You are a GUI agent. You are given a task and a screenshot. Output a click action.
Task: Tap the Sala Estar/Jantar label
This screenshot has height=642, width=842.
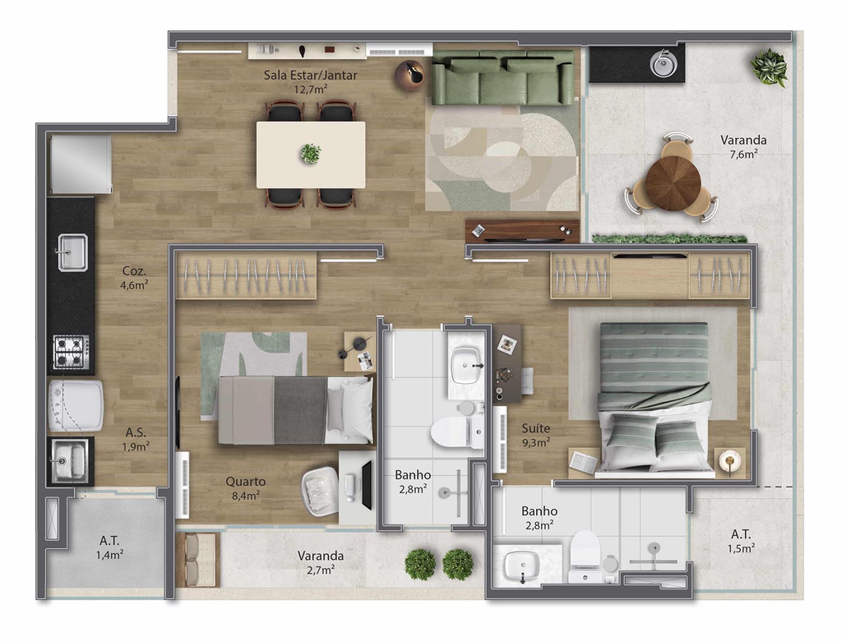[310, 81]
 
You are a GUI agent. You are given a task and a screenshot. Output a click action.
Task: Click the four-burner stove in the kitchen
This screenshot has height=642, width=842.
[71, 352]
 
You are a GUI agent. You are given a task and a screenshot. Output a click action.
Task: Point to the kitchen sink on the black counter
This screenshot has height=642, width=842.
[72, 252]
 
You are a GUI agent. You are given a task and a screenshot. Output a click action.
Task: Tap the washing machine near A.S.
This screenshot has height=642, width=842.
[76, 406]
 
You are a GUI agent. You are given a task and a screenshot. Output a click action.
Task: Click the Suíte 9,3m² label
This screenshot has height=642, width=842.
[536, 435]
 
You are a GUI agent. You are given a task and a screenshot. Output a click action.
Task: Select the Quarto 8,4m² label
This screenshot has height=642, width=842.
[245, 488]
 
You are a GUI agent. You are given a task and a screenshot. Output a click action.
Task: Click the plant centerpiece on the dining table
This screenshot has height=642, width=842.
[310, 154]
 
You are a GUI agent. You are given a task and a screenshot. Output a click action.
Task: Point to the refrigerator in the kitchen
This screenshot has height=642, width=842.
[80, 164]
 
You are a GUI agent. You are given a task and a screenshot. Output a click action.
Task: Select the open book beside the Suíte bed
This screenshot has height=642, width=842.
[583, 462]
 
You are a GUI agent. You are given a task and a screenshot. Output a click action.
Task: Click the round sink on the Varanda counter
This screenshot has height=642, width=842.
[664, 63]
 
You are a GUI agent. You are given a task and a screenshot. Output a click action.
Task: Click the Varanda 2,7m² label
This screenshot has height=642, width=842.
[321, 562]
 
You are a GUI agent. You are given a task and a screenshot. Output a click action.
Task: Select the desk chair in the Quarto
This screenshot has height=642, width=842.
[319, 491]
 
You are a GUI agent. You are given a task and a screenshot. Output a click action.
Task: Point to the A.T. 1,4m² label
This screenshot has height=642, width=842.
[109, 547]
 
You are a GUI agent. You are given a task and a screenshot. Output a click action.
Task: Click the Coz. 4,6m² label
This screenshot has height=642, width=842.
[134, 278]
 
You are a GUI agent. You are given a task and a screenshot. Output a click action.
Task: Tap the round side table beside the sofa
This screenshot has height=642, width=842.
[411, 75]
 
